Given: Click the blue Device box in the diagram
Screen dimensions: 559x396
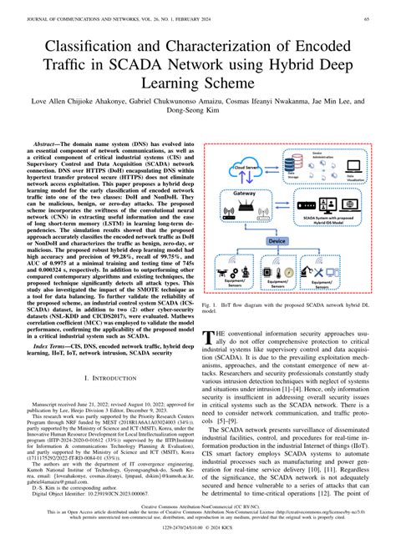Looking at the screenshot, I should point(276,240).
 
